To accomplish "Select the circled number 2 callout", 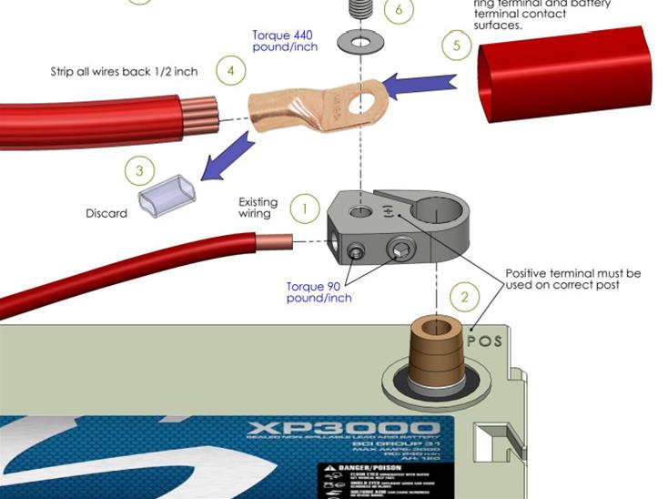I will [465, 297].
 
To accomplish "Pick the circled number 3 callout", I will [139, 170].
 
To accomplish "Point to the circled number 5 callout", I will [457, 45].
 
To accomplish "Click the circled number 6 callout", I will [400, 11].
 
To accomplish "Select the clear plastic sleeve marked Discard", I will [162, 193].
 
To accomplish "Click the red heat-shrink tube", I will [564, 70].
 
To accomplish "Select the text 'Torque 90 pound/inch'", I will [319, 291].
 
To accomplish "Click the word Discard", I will [106, 213].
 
